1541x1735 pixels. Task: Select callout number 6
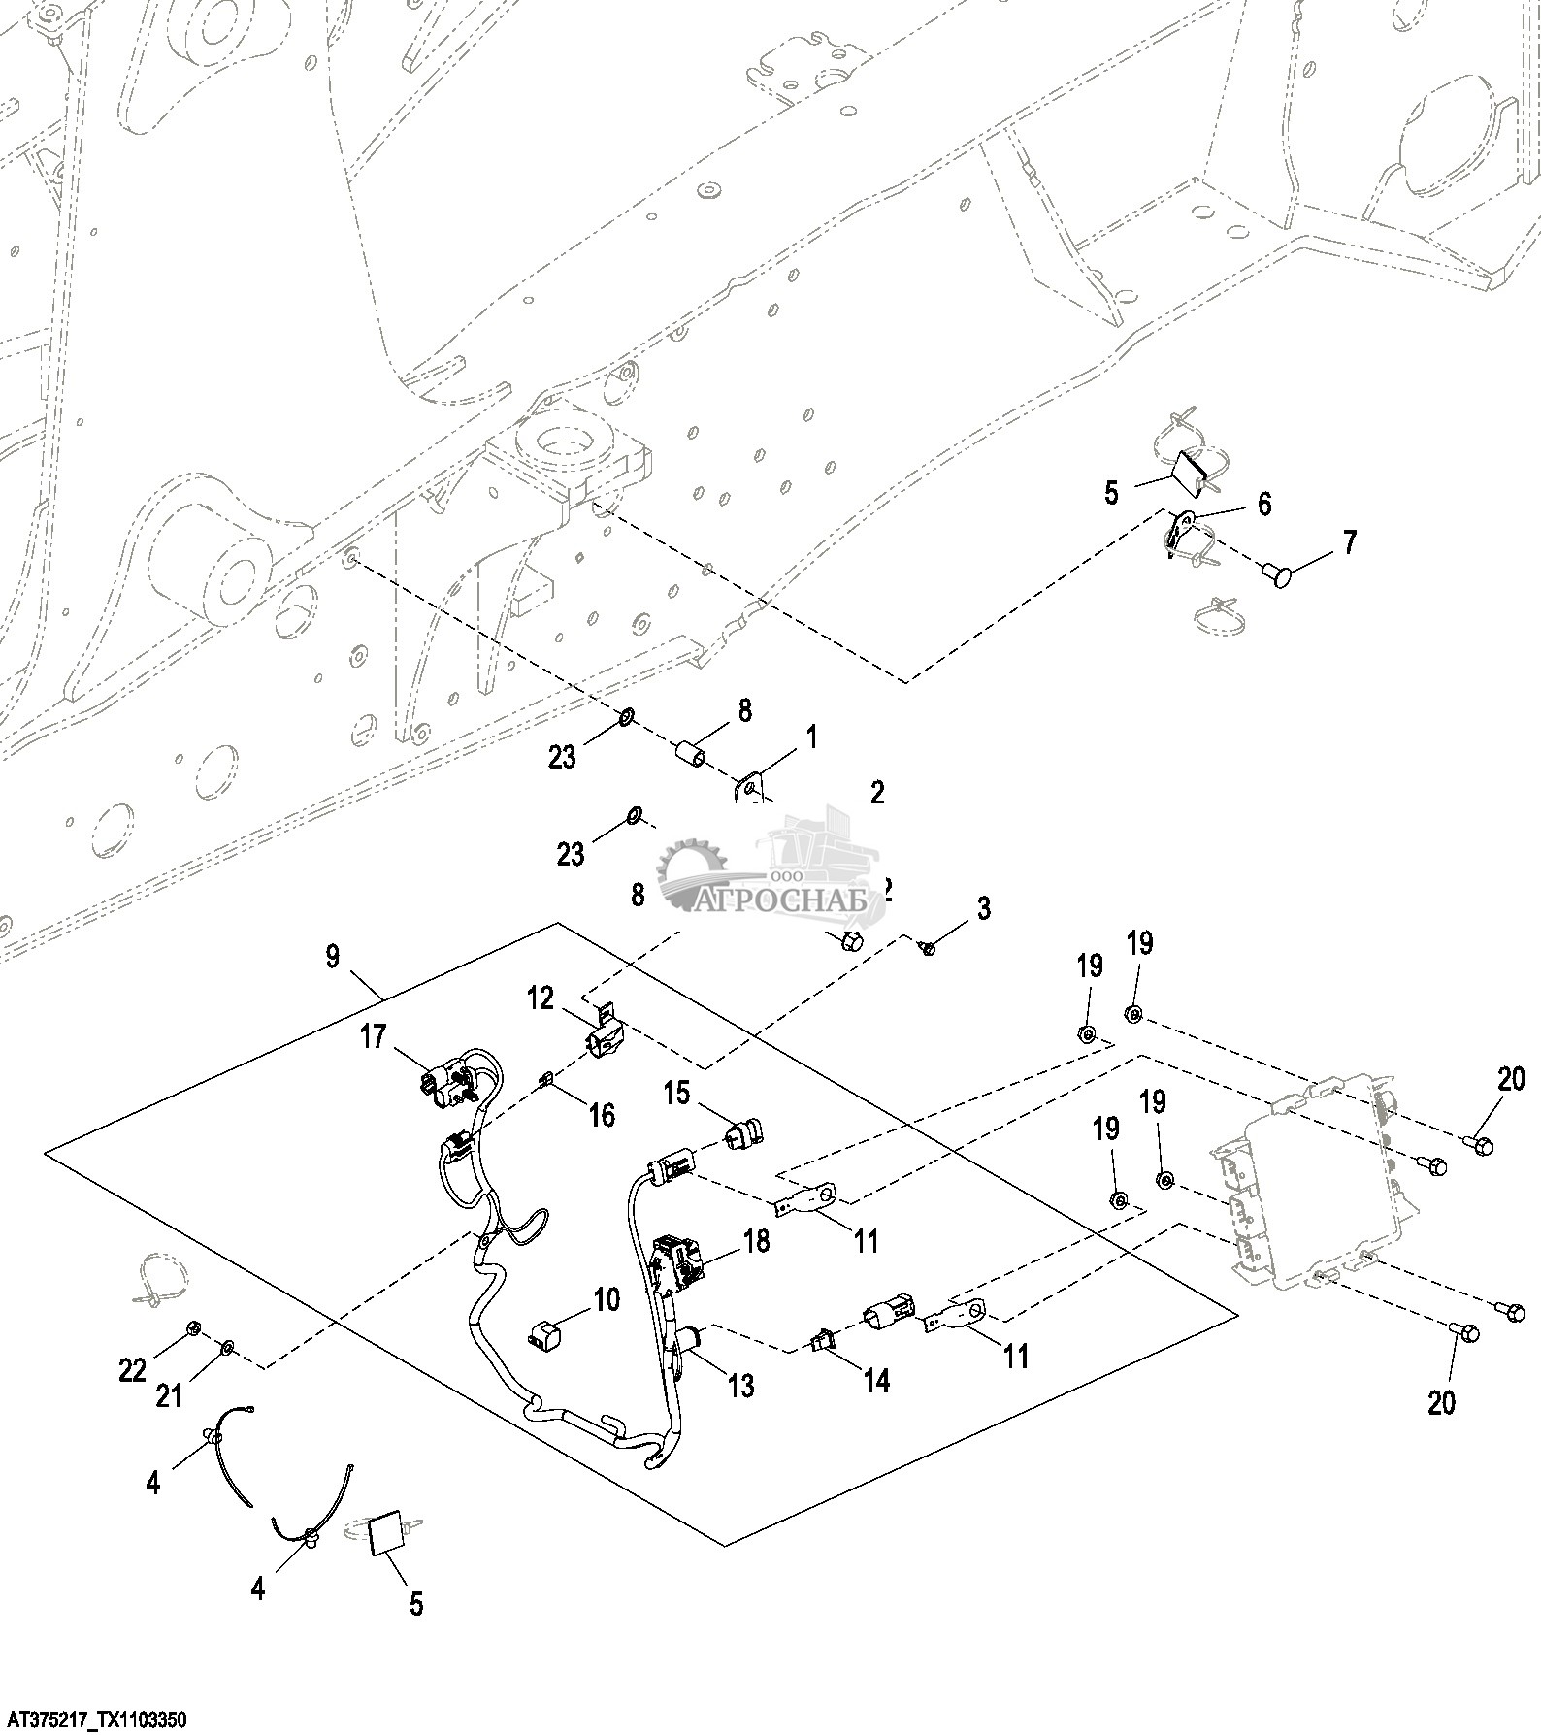pyautogui.click(x=1264, y=504)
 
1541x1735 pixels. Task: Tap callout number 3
pyautogui.click(x=983, y=908)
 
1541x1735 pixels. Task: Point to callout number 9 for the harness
pyautogui.click(x=332, y=957)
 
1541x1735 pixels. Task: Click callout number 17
pyautogui.click(x=374, y=1037)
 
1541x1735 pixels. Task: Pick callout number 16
pyautogui.click(x=602, y=1115)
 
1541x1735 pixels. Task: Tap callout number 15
pyautogui.click(x=676, y=1094)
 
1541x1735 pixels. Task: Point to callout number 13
pyautogui.click(x=740, y=1386)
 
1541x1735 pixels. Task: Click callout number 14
pyautogui.click(x=876, y=1380)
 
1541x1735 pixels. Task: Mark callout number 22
pyautogui.click(x=132, y=1370)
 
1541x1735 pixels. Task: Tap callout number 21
pyautogui.click(x=169, y=1395)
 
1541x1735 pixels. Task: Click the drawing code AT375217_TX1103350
pyautogui.click(x=94, y=1720)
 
